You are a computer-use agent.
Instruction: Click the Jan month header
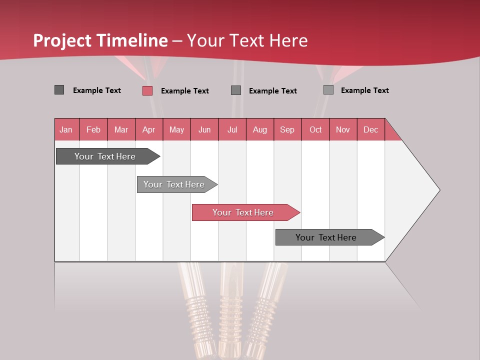click(66, 129)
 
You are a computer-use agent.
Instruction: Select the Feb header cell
click(93, 129)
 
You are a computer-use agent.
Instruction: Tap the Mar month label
click(121, 129)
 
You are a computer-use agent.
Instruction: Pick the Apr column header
click(149, 129)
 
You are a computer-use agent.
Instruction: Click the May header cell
click(176, 129)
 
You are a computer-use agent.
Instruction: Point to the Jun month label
click(204, 129)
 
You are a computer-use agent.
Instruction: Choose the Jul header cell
click(232, 129)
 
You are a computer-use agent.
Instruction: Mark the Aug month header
click(260, 129)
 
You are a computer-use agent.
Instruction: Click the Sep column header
click(287, 129)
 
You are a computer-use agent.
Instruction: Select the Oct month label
click(315, 129)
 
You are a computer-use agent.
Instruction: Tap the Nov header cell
click(343, 129)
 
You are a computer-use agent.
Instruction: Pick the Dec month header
click(371, 129)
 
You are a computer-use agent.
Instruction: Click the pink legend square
click(147, 90)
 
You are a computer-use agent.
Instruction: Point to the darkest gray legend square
click(59, 90)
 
